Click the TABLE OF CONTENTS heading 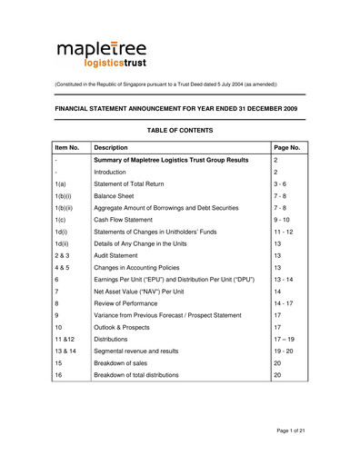point(179,131)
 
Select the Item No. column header point(68,145)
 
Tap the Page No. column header point(289,145)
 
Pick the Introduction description point(119,178)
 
